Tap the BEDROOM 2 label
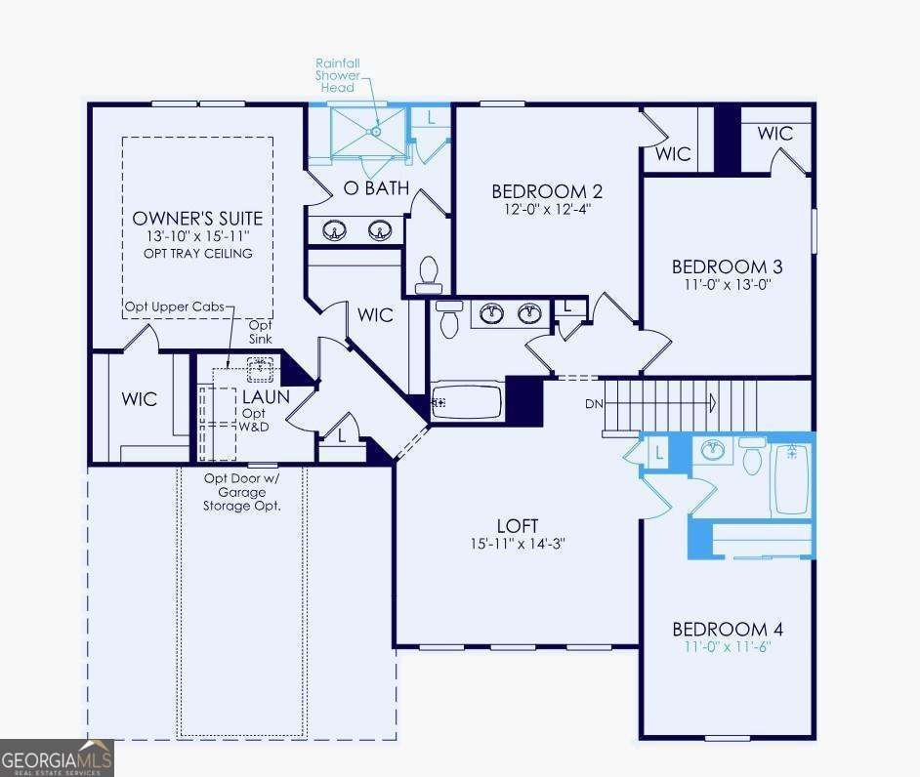click(540, 190)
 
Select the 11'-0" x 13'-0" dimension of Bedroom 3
click(727, 286)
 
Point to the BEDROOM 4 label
click(727, 630)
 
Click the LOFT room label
click(517, 526)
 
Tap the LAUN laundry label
click(266, 397)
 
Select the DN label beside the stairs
click(593, 403)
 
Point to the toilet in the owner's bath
click(429, 274)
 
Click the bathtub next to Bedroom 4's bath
click(791, 478)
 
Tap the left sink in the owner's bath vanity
click(335, 231)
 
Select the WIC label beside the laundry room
click(139, 399)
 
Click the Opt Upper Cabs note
click(174, 307)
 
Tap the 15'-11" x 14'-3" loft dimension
click(517, 544)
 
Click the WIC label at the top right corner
click(774, 134)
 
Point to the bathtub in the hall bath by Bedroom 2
click(467, 401)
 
